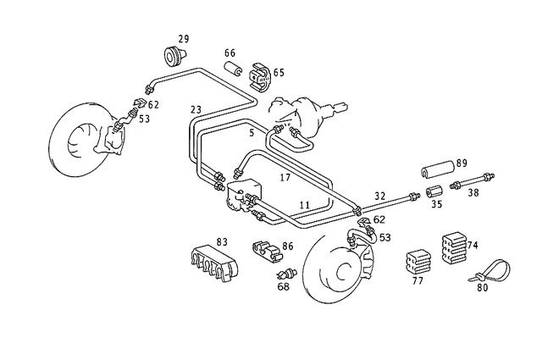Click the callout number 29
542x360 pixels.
(x=183, y=39)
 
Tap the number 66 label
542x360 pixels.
(x=230, y=53)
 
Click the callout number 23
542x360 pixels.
(x=196, y=108)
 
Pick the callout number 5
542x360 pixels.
(x=251, y=132)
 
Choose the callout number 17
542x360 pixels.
(x=285, y=177)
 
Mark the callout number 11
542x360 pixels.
(x=303, y=205)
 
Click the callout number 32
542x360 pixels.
(x=380, y=194)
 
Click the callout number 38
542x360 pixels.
(x=473, y=193)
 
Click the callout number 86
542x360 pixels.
(x=288, y=246)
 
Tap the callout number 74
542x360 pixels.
(x=473, y=245)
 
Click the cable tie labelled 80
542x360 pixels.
(x=491, y=271)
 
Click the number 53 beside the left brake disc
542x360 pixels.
(x=144, y=119)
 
